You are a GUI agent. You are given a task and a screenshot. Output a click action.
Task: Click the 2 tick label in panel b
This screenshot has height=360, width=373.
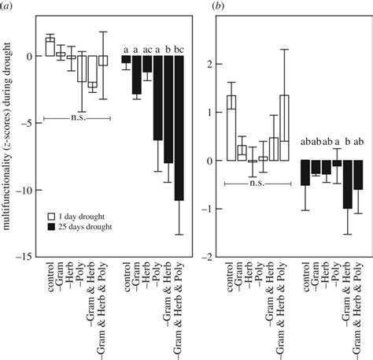click(208, 65)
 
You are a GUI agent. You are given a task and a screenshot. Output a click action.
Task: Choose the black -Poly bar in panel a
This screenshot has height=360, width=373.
click(157, 98)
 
